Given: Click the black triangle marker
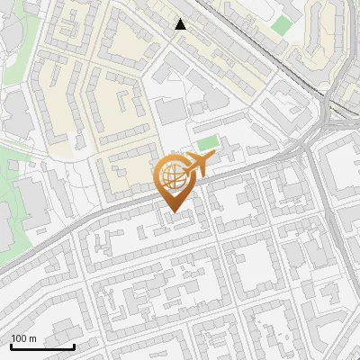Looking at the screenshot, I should pos(181,24).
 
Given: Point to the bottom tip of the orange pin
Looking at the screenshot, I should pos(174,212).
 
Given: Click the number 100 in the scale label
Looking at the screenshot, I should pos(18,338).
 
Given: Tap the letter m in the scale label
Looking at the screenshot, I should pos(32,338).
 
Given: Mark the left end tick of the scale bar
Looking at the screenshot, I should pos(11,346).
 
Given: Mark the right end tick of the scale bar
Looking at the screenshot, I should pos(74,346).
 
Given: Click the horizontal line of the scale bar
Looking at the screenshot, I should pos(42,347).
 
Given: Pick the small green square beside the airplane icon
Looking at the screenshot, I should pos(208,143).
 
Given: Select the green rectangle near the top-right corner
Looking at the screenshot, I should pos(283,25).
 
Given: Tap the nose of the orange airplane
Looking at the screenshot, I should pos(211,158).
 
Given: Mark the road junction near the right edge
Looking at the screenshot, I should pos(310,144).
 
